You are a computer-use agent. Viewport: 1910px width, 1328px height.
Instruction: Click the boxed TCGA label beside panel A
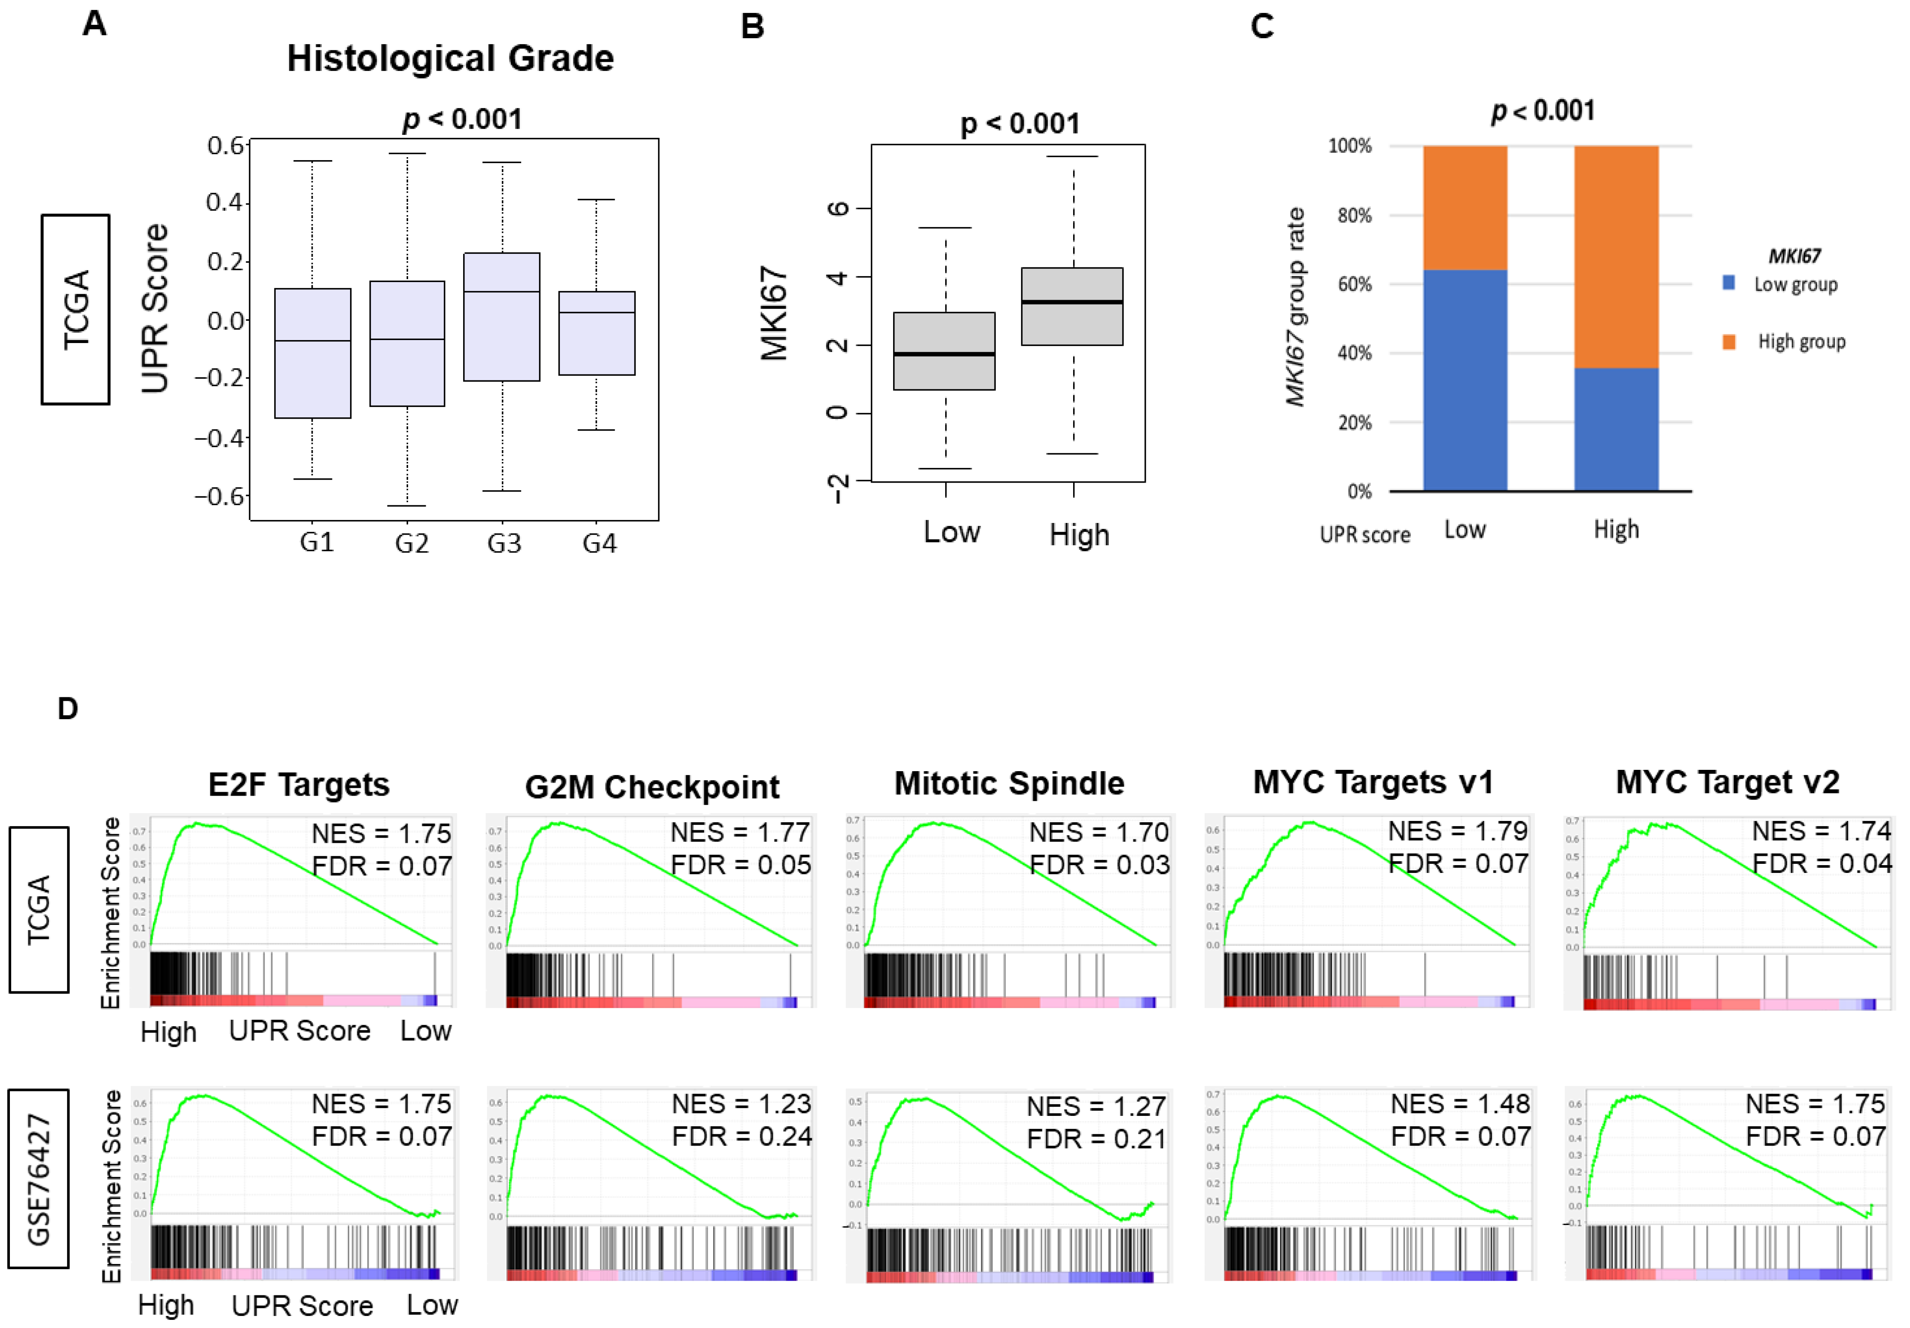pos(76,309)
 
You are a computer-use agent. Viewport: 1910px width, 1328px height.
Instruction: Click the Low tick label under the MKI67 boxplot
pos(952,532)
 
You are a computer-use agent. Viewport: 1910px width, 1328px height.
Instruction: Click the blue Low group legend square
pos(1729,283)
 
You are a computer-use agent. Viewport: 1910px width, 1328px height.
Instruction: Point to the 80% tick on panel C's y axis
pos(1354,216)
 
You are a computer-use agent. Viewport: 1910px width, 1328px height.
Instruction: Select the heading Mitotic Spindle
pos(1009,783)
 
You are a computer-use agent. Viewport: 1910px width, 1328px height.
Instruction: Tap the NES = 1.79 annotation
pos(1458,831)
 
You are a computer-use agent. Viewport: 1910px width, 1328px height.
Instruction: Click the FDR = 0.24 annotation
pos(741,1136)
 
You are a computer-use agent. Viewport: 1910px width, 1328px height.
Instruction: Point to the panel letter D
pos(68,708)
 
